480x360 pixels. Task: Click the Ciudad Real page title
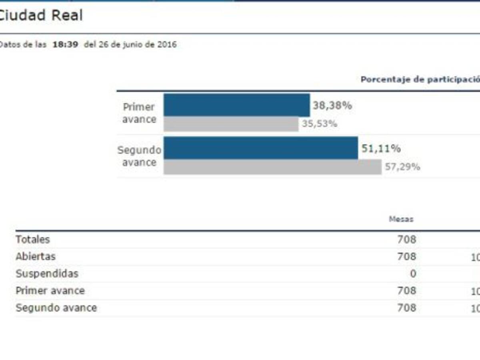click(41, 16)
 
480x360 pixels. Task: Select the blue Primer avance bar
click(237, 105)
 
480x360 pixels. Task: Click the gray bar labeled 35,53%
click(231, 124)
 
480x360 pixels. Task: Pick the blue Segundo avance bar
click(261, 148)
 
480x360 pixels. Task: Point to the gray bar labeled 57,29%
click(273, 167)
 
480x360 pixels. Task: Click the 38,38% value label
click(332, 106)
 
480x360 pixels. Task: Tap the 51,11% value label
click(381, 149)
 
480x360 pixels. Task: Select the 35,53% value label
click(319, 124)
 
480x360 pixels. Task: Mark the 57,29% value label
click(402, 167)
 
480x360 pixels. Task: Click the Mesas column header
click(401, 219)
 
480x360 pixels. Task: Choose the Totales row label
click(33, 240)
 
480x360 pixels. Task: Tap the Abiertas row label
click(36, 256)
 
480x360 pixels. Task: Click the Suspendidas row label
click(47, 274)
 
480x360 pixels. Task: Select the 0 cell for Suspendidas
click(413, 274)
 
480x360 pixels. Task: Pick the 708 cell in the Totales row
click(406, 240)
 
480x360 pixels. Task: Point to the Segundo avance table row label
click(56, 308)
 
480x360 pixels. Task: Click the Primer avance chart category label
click(139, 113)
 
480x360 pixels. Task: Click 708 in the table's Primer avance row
click(406, 291)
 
